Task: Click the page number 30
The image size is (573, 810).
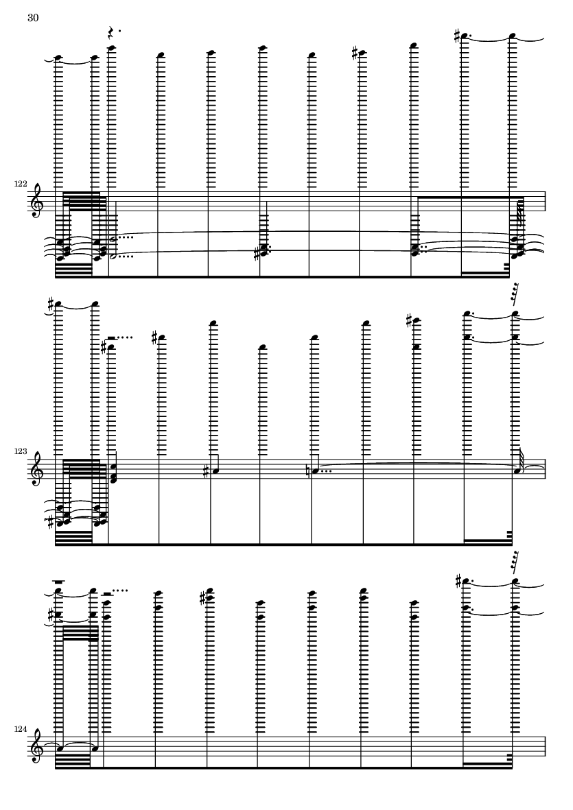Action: pyautogui.click(x=33, y=18)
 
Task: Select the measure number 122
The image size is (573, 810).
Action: pyautogui.click(x=21, y=184)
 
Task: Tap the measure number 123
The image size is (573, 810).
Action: pyautogui.click(x=21, y=451)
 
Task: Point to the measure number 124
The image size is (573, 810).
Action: pyautogui.click(x=21, y=729)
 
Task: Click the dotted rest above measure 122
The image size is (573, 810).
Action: pyautogui.click(x=112, y=33)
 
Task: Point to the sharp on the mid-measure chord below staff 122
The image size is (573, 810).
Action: pyautogui.click(x=257, y=254)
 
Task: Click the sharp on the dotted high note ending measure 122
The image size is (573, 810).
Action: pyautogui.click(x=457, y=36)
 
